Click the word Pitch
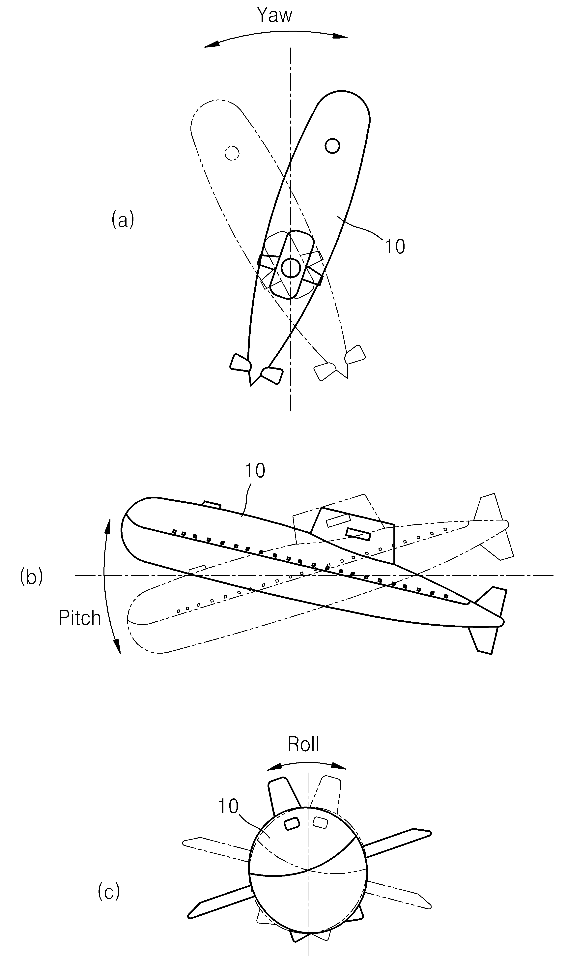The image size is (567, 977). pyautogui.click(x=79, y=618)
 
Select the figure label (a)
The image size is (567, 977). pyautogui.click(x=123, y=220)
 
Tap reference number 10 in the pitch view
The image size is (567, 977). pyautogui.click(x=255, y=470)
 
